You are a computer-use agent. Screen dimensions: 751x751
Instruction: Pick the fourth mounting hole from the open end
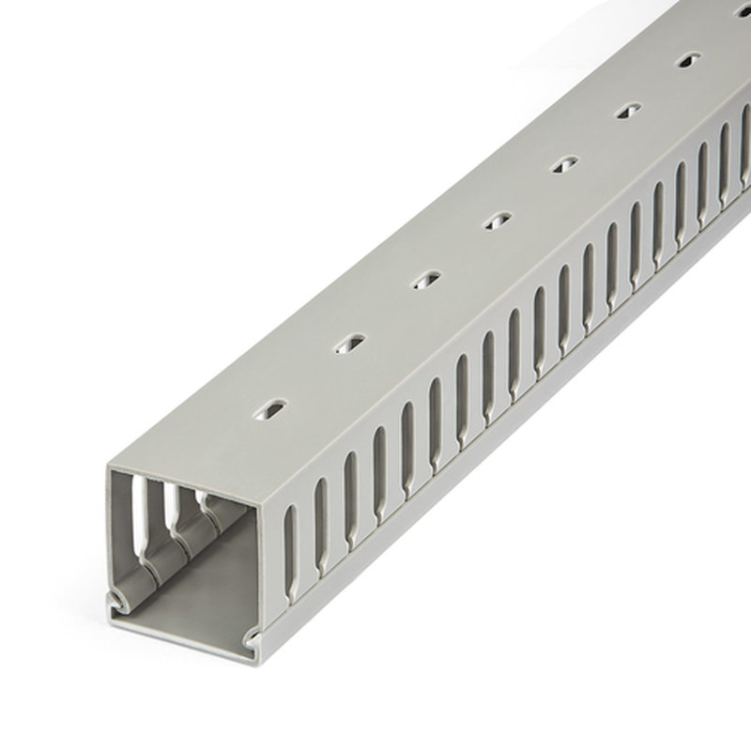pyautogui.click(x=496, y=221)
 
